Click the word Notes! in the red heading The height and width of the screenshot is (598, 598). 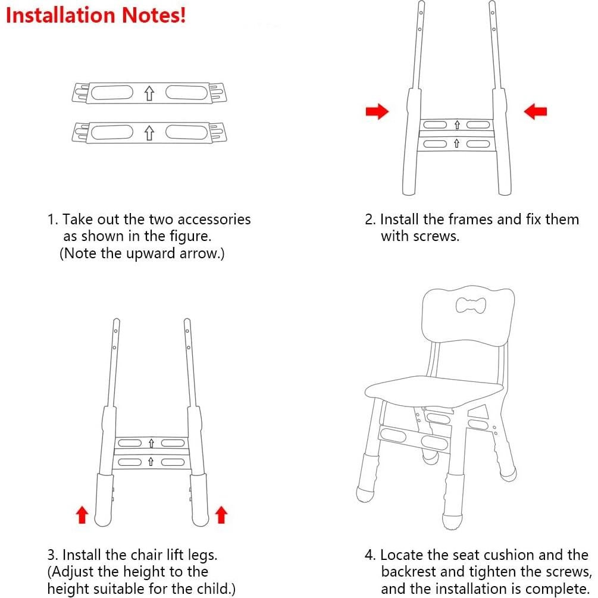tap(156, 15)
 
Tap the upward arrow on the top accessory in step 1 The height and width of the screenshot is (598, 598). tap(149, 93)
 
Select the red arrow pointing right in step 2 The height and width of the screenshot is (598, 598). tap(377, 111)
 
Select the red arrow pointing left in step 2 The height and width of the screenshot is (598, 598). tap(536, 111)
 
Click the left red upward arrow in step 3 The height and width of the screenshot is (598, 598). tap(83, 515)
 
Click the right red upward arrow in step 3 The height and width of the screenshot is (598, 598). tap(221, 515)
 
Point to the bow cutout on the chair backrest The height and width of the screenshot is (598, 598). tap(471, 306)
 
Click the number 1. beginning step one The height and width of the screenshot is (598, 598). tap(52, 220)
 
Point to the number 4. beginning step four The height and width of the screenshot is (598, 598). tap(371, 555)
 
